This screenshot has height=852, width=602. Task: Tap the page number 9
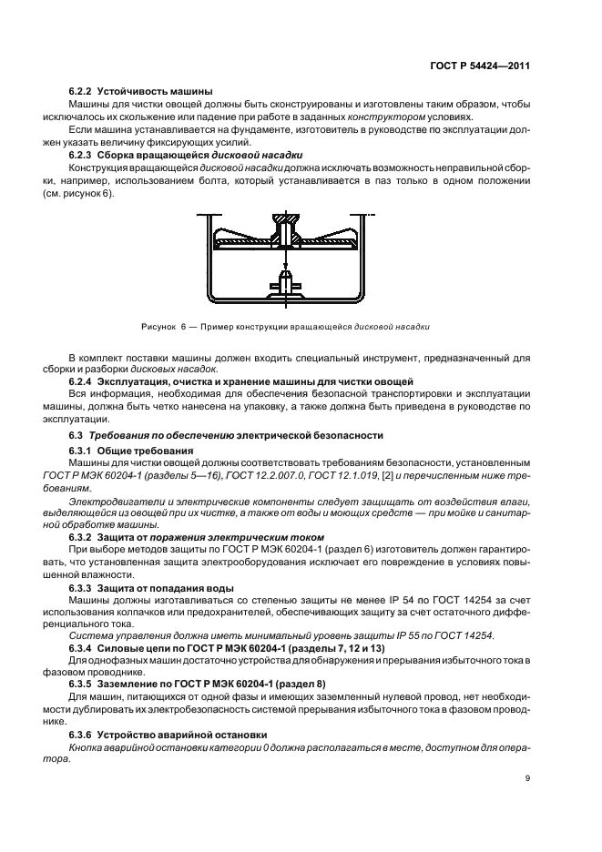click(528, 777)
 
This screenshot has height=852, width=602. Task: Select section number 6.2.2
click(83, 92)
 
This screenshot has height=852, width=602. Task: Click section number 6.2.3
click(83, 155)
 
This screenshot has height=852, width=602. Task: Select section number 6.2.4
click(83, 380)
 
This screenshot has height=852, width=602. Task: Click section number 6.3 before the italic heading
click(77, 437)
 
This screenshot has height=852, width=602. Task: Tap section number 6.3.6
click(83, 732)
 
